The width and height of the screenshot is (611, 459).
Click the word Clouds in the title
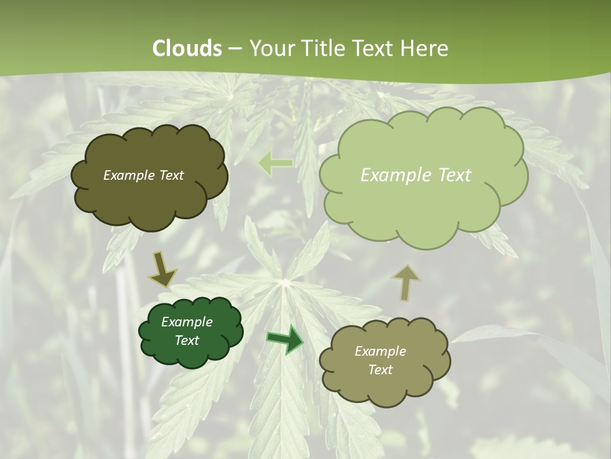pyautogui.click(x=186, y=48)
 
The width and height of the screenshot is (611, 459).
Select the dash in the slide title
pyautogui.click(x=235, y=49)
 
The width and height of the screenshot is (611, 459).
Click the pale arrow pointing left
pyautogui.click(x=275, y=163)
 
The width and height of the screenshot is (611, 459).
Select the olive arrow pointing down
pyautogui.click(x=162, y=269)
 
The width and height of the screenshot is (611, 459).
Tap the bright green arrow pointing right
pyautogui.click(x=284, y=339)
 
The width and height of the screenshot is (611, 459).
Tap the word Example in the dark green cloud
pyautogui.click(x=186, y=322)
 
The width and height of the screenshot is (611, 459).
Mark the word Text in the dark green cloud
pyautogui.click(x=186, y=340)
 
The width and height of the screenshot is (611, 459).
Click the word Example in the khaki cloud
pyautogui.click(x=380, y=351)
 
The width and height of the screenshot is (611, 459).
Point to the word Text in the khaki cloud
pyautogui.click(x=380, y=370)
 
